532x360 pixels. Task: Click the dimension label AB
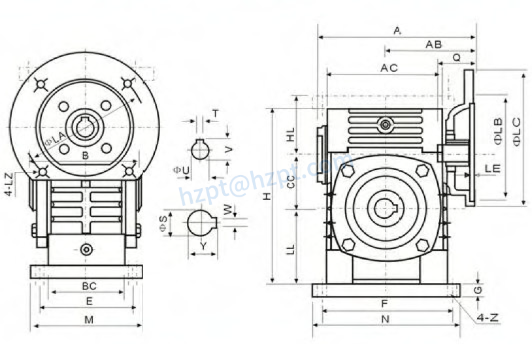pos(434,44)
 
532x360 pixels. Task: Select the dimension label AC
pos(390,68)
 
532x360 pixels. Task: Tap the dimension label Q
pos(456,57)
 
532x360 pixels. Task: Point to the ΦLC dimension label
pos(516,131)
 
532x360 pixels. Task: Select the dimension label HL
pos(291,135)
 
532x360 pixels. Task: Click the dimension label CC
pos(291,182)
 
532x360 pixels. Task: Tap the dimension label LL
pos(291,248)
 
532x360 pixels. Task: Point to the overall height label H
pos(266,196)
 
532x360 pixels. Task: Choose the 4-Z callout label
pos(488,318)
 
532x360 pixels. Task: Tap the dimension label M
pos(89,319)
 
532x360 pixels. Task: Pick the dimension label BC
pos(89,286)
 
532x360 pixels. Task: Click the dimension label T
pos(215,113)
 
